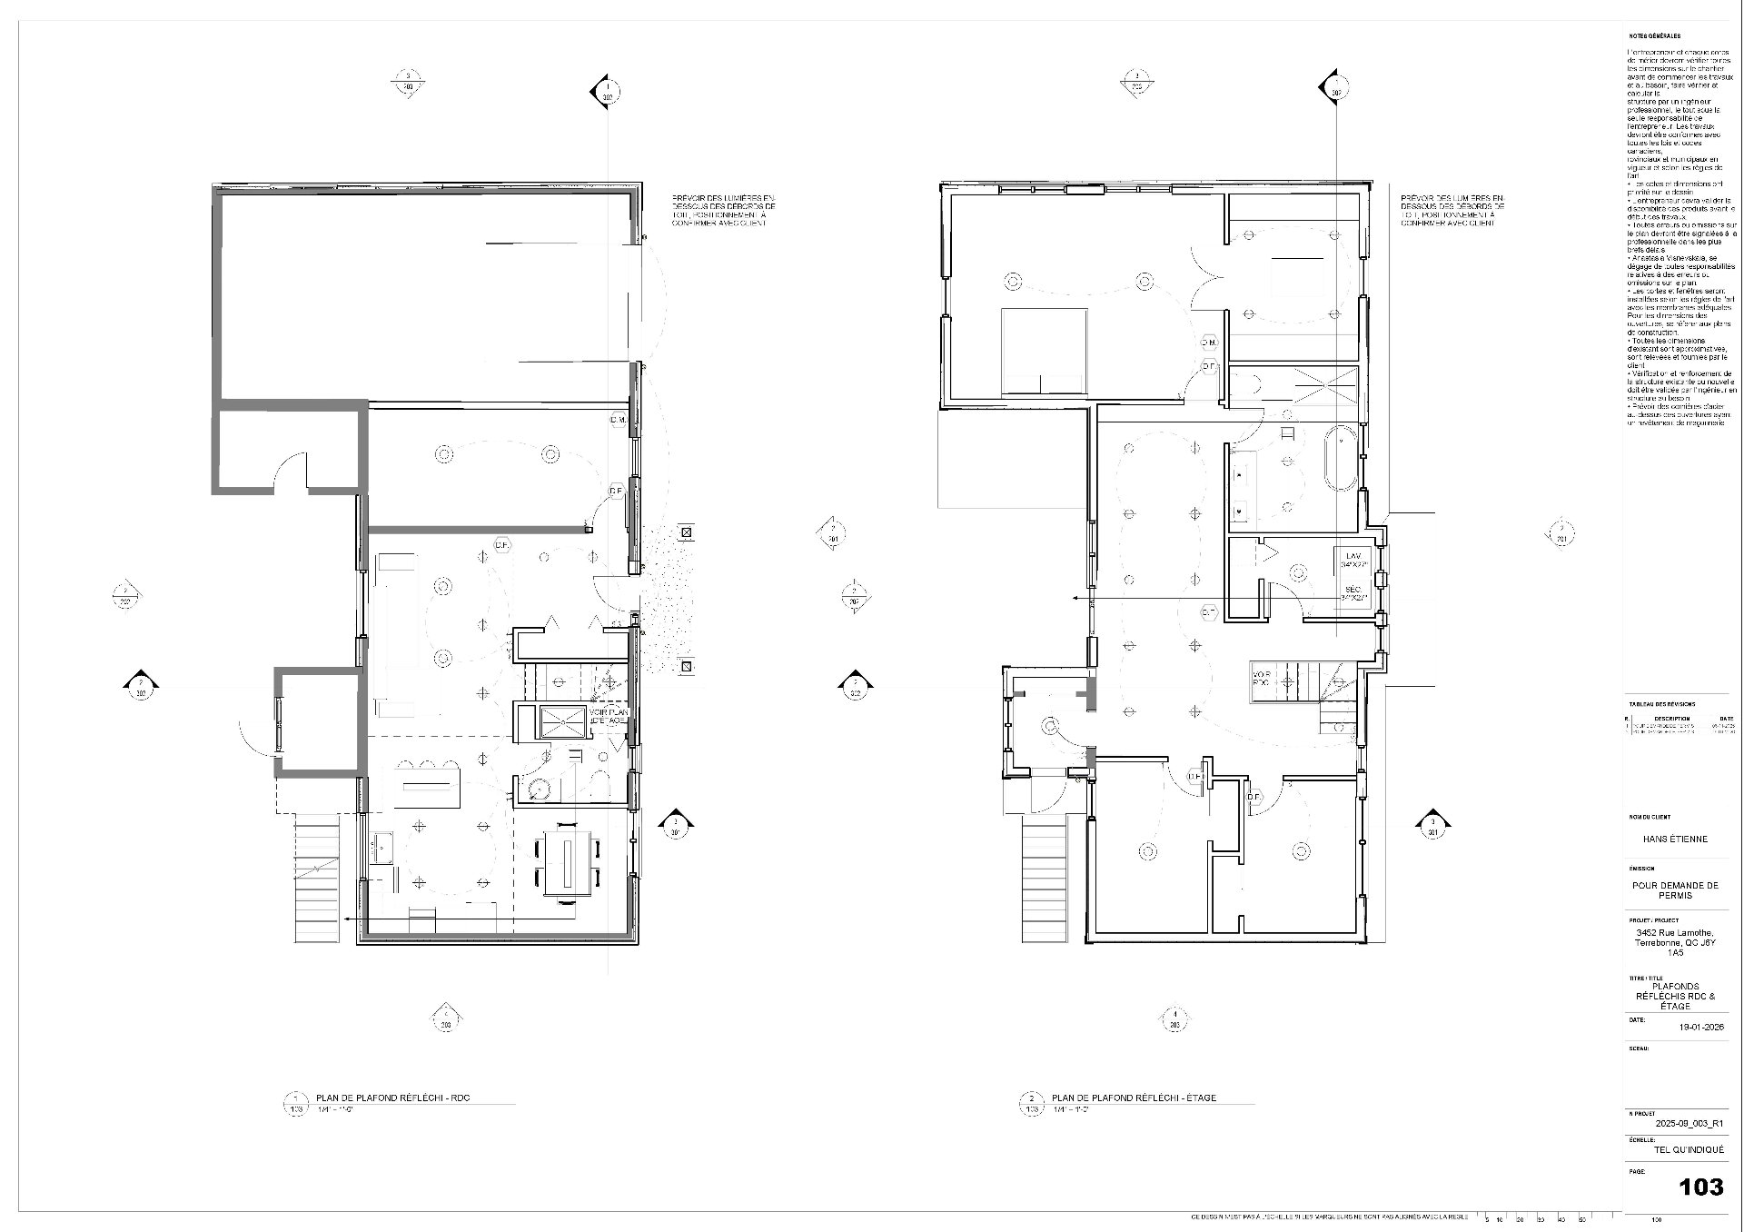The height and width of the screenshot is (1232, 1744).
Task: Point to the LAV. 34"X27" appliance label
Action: (x=1353, y=560)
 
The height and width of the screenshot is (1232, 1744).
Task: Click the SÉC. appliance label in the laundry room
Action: (x=1353, y=593)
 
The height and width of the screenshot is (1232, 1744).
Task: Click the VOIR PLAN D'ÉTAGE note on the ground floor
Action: (x=607, y=716)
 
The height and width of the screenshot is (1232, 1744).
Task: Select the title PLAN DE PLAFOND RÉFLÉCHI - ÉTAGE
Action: (x=1133, y=1098)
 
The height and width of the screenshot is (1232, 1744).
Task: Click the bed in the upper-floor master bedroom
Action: (x=1044, y=351)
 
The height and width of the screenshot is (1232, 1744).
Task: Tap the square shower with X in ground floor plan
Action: (x=565, y=721)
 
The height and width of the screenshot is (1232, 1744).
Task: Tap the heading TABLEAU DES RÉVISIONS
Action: (x=1660, y=704)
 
